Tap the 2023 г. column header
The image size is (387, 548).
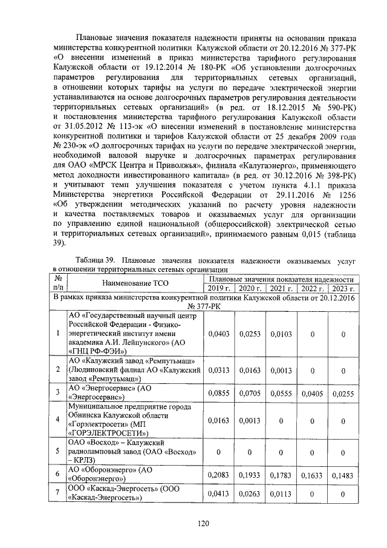[x=343, y=288]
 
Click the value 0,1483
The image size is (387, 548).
[x=343, y=475]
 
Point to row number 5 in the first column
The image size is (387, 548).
[x=58, y=451]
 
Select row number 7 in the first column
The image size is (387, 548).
[x=58, y=494]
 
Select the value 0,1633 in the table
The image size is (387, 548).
[x=312, y=475]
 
